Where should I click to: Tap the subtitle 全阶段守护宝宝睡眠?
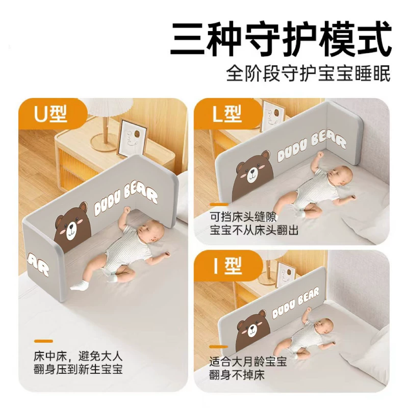click(x=309, y=73)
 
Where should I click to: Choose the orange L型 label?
click(x=226, y=114)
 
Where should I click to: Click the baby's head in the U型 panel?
click(x=150, y=231)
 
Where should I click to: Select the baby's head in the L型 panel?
click(x=339, y=175)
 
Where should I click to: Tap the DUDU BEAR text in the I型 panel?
click(x=295, y=303)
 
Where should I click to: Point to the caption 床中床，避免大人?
click(x=78, y=356)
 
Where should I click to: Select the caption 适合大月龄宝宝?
click(x=248, y=362)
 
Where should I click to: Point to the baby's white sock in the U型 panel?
click(x=80, y=285)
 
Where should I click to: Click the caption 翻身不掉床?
click(x=237, y=375)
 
